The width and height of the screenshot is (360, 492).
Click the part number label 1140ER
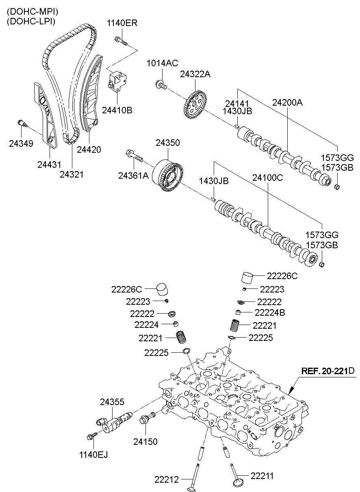(x=121, y=23)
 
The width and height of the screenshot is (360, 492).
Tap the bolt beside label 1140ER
(x=121, y=41)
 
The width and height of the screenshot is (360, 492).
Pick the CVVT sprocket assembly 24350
(x=168, y=177)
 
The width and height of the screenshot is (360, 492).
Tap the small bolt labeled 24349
(x=22, y=124)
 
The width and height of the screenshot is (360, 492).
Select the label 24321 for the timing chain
(x=72, y=174)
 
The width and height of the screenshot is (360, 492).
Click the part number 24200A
(x=288, y=103)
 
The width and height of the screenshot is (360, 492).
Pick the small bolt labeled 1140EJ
(x=91, y=437)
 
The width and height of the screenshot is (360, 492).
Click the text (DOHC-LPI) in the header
(x=31, y=22)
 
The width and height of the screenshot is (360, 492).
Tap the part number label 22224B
(x=269, y=312)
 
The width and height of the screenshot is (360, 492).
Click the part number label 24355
(x=112, y=402)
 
